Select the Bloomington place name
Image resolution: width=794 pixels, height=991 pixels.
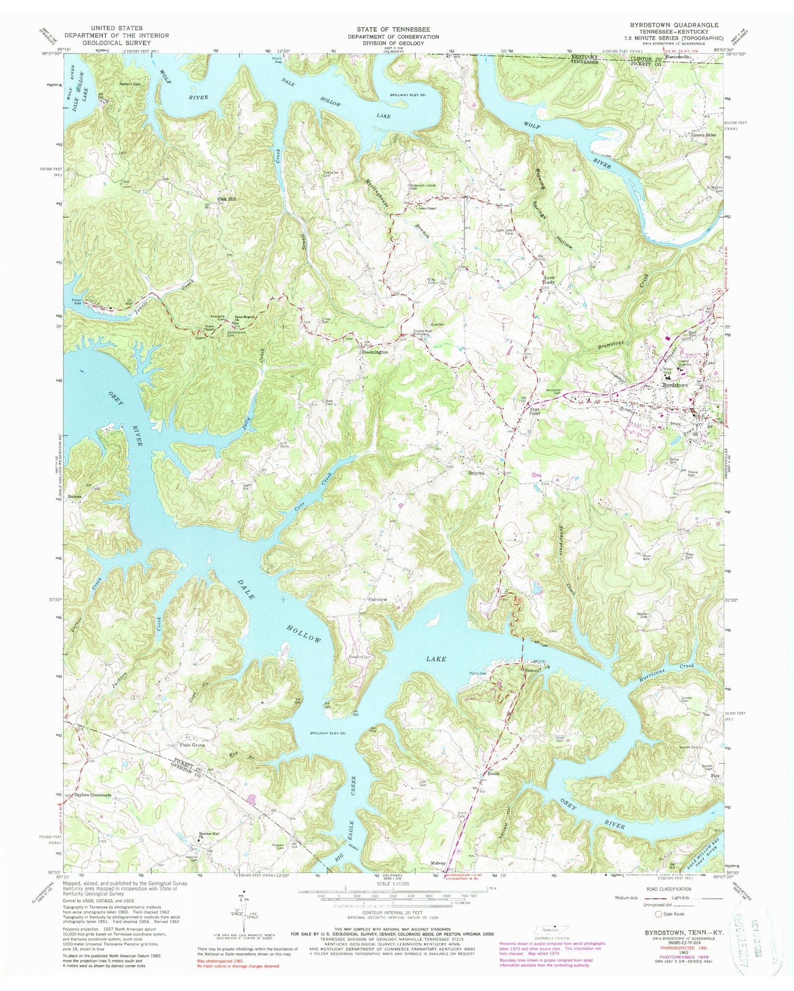click(375, 352)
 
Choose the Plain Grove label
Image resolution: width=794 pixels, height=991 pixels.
click(192, 745)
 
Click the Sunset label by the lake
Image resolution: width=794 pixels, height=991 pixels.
click(532, 671)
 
